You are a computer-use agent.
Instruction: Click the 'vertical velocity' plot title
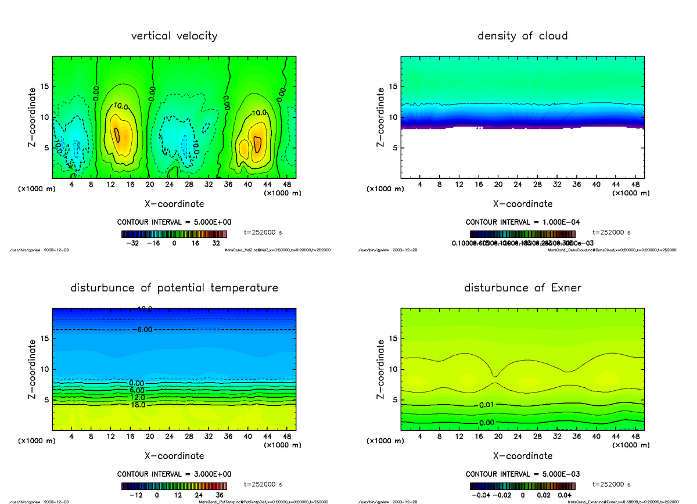tap(174, 36)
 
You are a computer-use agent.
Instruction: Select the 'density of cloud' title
tap(522, 36)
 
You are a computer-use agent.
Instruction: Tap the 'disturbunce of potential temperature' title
tap(174, 288)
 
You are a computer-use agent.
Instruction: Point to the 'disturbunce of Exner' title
tap(522, 288)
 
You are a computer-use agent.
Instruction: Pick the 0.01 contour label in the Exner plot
tap(487, 404)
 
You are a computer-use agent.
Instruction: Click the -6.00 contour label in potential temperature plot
tap(144, 329)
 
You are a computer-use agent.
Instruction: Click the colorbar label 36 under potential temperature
tap(220, 495)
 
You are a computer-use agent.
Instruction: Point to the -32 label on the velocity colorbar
tap(132, 244)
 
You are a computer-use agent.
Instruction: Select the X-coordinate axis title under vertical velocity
tap(174, 204)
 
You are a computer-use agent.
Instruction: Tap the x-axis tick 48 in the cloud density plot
tap(635, 185)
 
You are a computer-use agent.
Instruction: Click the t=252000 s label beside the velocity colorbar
tap(263, 232)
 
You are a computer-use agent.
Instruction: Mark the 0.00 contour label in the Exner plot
tap(487, 423)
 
